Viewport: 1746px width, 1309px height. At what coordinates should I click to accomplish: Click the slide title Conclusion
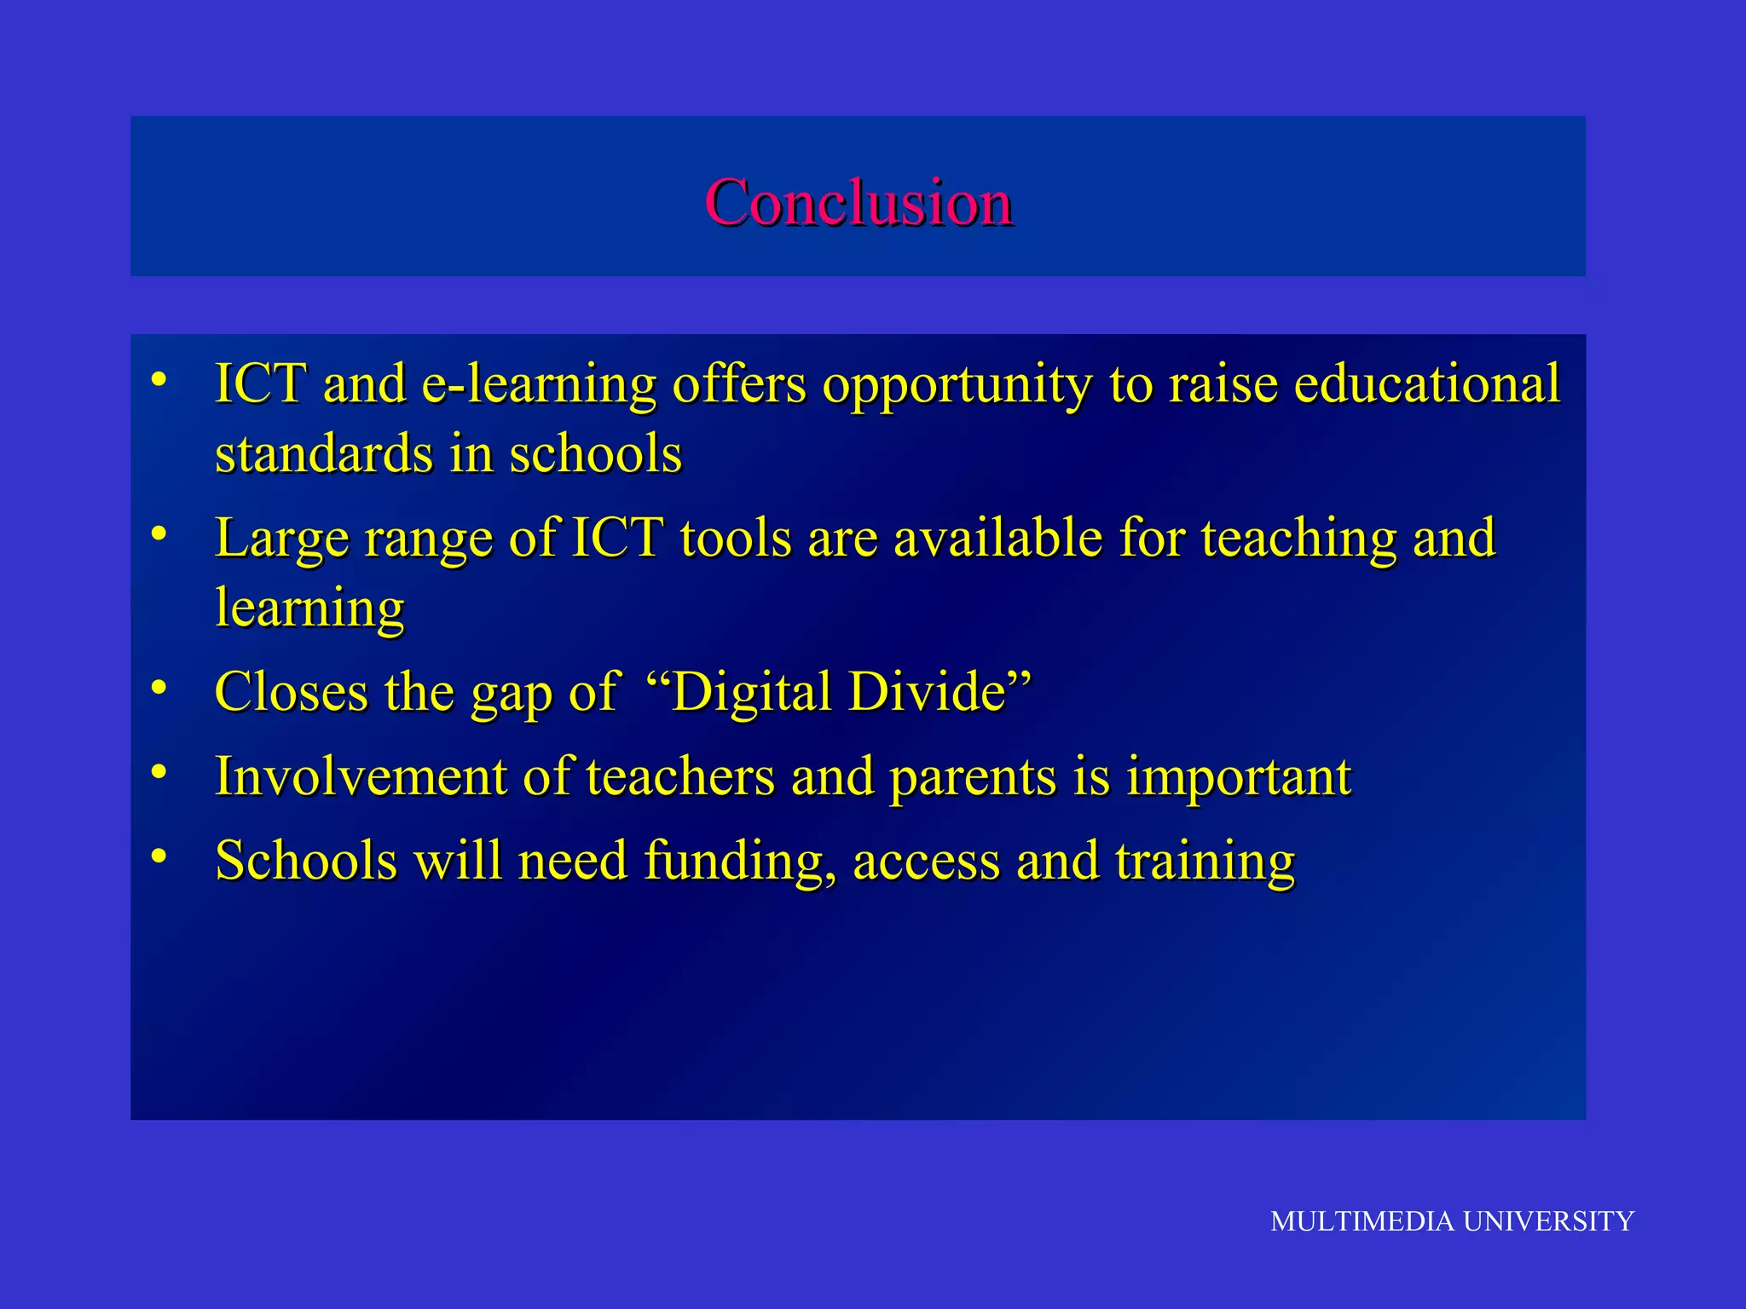859,203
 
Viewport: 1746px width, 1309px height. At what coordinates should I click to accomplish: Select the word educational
1426,384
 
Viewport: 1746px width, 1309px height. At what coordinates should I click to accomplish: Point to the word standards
323,453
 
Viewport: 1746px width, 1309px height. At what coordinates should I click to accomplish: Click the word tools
735,539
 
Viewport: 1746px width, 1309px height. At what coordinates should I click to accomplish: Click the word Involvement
361,776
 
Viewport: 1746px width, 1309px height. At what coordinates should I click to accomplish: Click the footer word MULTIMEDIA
1362,1221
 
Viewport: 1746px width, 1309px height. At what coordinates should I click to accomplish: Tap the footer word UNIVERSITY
1548,1221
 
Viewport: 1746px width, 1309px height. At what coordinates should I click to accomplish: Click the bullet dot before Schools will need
159,856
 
